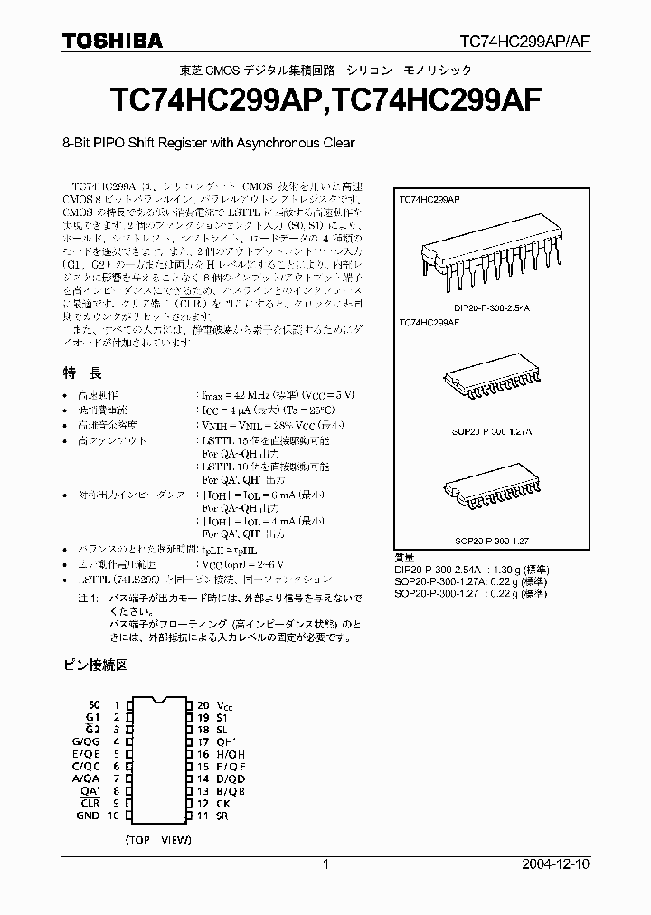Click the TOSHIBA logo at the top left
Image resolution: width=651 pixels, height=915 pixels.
(x=112, y=41)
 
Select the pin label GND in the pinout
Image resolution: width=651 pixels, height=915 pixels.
(x=89, y=815)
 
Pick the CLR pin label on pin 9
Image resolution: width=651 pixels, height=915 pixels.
(x=90, y=802)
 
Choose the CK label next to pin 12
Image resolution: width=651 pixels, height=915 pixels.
(x=222, y=802)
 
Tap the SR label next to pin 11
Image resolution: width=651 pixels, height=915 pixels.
(x=222, y=815)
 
